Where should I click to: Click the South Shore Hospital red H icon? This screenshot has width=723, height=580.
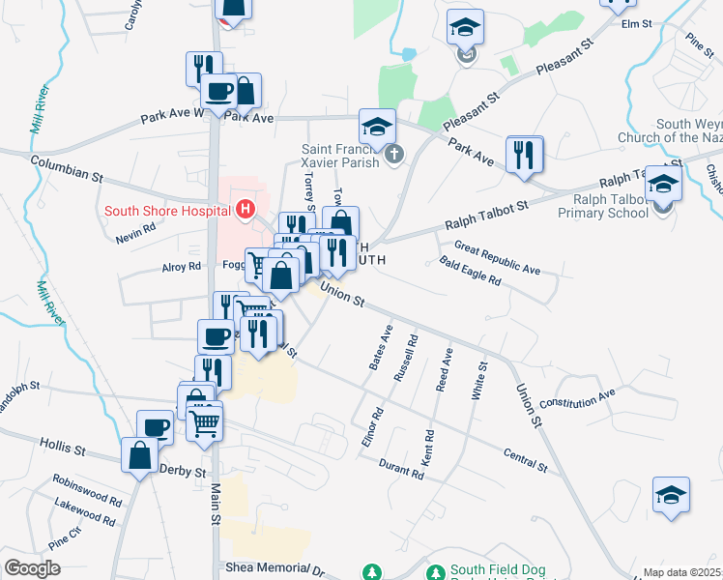(246, 209)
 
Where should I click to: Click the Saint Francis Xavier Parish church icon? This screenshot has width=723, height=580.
(393, 155)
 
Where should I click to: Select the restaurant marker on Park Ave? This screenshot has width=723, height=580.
(524, 155)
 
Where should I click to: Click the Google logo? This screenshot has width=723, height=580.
(32, 568)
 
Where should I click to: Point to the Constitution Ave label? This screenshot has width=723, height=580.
(577, 398)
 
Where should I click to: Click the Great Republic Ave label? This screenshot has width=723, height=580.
(497, 258)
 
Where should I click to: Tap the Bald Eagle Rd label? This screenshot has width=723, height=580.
(470, 271)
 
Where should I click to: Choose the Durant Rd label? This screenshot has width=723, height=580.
(401, 469)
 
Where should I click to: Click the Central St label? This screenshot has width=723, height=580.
(525, 460)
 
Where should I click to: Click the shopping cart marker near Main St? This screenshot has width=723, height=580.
(205, 423)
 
